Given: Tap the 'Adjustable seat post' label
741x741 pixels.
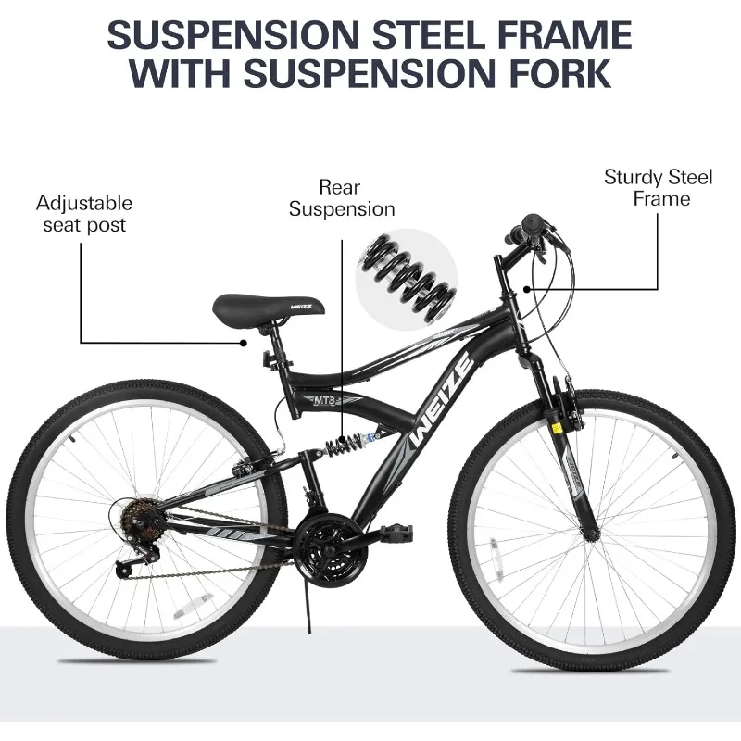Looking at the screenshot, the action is (84, 214).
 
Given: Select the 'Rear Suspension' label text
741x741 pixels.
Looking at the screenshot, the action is (342, 198).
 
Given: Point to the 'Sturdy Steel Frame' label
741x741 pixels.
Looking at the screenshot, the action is (659, 188).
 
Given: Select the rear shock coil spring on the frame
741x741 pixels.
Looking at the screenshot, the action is (343, 443).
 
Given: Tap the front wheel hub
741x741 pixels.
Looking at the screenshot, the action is (591, 535).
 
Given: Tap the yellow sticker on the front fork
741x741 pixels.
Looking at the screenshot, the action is (557, 429).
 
